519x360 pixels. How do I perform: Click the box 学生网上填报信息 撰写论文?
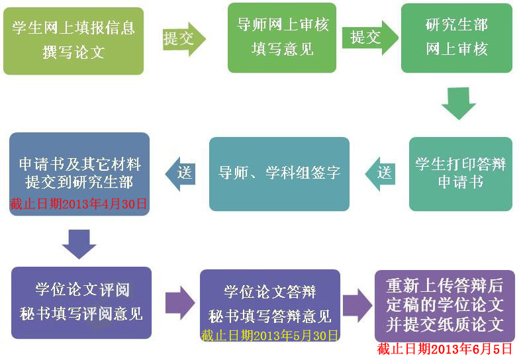pos(73,40)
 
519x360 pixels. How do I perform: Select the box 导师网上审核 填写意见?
pos(282,38)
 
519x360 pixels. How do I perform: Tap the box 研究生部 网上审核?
pos(457,38)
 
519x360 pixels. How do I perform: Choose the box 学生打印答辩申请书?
pos(461,173)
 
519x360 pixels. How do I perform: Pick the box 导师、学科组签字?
pos(279,173)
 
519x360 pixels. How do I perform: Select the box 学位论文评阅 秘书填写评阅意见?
pos(81,302)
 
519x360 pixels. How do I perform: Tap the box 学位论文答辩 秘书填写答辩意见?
pos(270,301)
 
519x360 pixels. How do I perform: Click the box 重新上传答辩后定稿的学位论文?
pos(444,305)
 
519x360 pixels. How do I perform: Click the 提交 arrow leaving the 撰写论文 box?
pos(183,39)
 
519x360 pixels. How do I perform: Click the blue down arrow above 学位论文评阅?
pos(79,243)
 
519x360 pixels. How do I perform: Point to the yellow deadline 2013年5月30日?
pos(270,335)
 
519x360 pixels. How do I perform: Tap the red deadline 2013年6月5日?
pos(445,349)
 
